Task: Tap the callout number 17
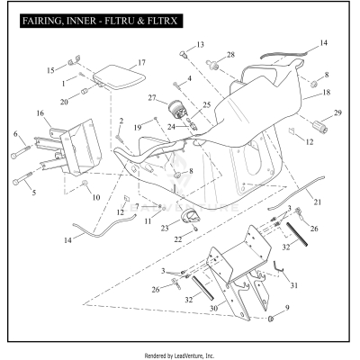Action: [141, 63]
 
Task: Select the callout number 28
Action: [230, 56]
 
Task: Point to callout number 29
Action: [338, 112]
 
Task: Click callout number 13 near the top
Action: [200, 44]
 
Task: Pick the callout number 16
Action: [40, 113]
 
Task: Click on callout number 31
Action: [295, 285]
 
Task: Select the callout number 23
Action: [164, 229]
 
